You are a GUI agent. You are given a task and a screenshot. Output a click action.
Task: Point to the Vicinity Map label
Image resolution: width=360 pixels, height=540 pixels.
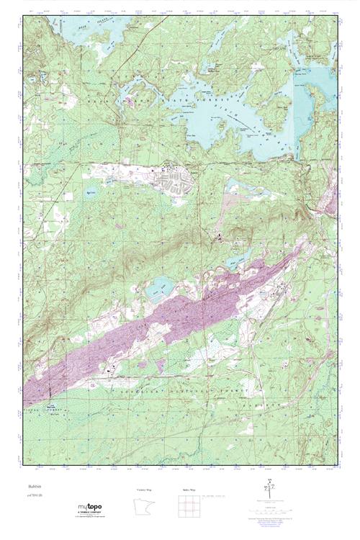[145, 489]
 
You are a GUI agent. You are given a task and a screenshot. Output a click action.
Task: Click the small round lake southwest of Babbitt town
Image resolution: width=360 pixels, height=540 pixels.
[110, 193]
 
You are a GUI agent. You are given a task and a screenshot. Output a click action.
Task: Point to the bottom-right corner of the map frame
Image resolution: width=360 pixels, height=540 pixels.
[338, 465]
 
